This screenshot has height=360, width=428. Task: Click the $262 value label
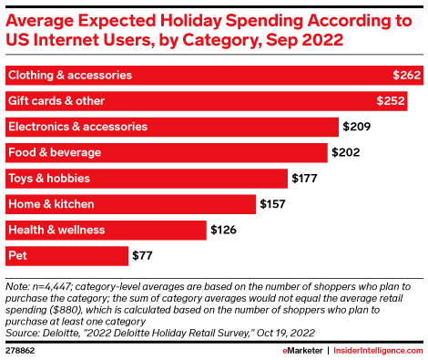406,75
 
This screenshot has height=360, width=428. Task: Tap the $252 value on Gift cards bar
391,101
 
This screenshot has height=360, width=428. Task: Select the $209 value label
357,127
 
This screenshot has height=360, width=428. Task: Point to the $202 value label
346,152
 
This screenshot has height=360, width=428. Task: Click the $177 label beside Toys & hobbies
304,179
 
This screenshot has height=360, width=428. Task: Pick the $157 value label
272,204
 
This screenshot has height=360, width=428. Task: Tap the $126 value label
223,230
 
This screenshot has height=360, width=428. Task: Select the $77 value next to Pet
142,255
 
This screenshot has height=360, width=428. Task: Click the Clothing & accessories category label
70,75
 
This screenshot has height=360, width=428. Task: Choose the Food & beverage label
55,152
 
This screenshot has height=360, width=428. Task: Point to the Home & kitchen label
51,204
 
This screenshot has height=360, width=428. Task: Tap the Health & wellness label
56,230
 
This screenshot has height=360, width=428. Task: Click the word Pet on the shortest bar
17,255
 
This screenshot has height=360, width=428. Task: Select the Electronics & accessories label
77,127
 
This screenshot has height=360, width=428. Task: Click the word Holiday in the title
191,22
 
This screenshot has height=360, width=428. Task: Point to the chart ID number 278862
20,351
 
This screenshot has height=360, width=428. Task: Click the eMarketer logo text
302,351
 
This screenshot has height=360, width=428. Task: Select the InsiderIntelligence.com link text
378,351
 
